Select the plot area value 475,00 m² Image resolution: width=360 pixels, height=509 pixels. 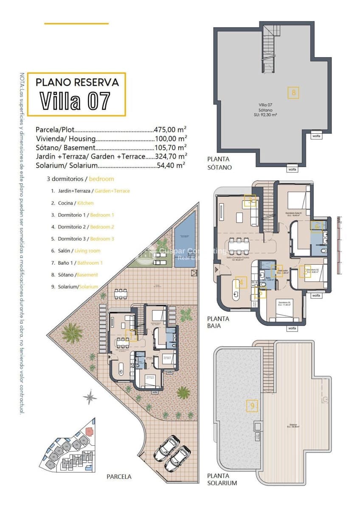pyautogui.click(x=170, y=129)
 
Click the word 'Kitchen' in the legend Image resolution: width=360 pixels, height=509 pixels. pyautogui.click(x=85, y=203)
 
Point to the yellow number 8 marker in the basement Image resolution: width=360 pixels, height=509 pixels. pyautogui.click(x=293, y=92)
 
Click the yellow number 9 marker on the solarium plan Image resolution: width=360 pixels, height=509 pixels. pyautogui.click(x=252, y=406)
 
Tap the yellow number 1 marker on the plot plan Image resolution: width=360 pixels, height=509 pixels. pyautogui.click(x=132, y=336)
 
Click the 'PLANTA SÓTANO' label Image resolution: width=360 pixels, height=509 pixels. pyautogui.click(x=219, y=163)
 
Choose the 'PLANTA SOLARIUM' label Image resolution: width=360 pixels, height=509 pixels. pyautogui.click(x=222, y=479)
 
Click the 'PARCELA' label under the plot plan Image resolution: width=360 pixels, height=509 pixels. pyautogui.click(x=119, y=476)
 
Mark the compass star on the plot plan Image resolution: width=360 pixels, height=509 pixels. pyautogui.click(x=90, y=397)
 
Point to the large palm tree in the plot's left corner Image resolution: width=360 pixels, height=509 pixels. pyautogui.click(x=72, y=332)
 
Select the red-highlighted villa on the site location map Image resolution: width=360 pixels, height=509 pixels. pyautogui.click(x=89, y=431)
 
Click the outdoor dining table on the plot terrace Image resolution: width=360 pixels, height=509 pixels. pyautogui.click(x=121, y=292)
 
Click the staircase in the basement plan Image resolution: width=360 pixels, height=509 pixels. pyautogui.click(x=268, y=49)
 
